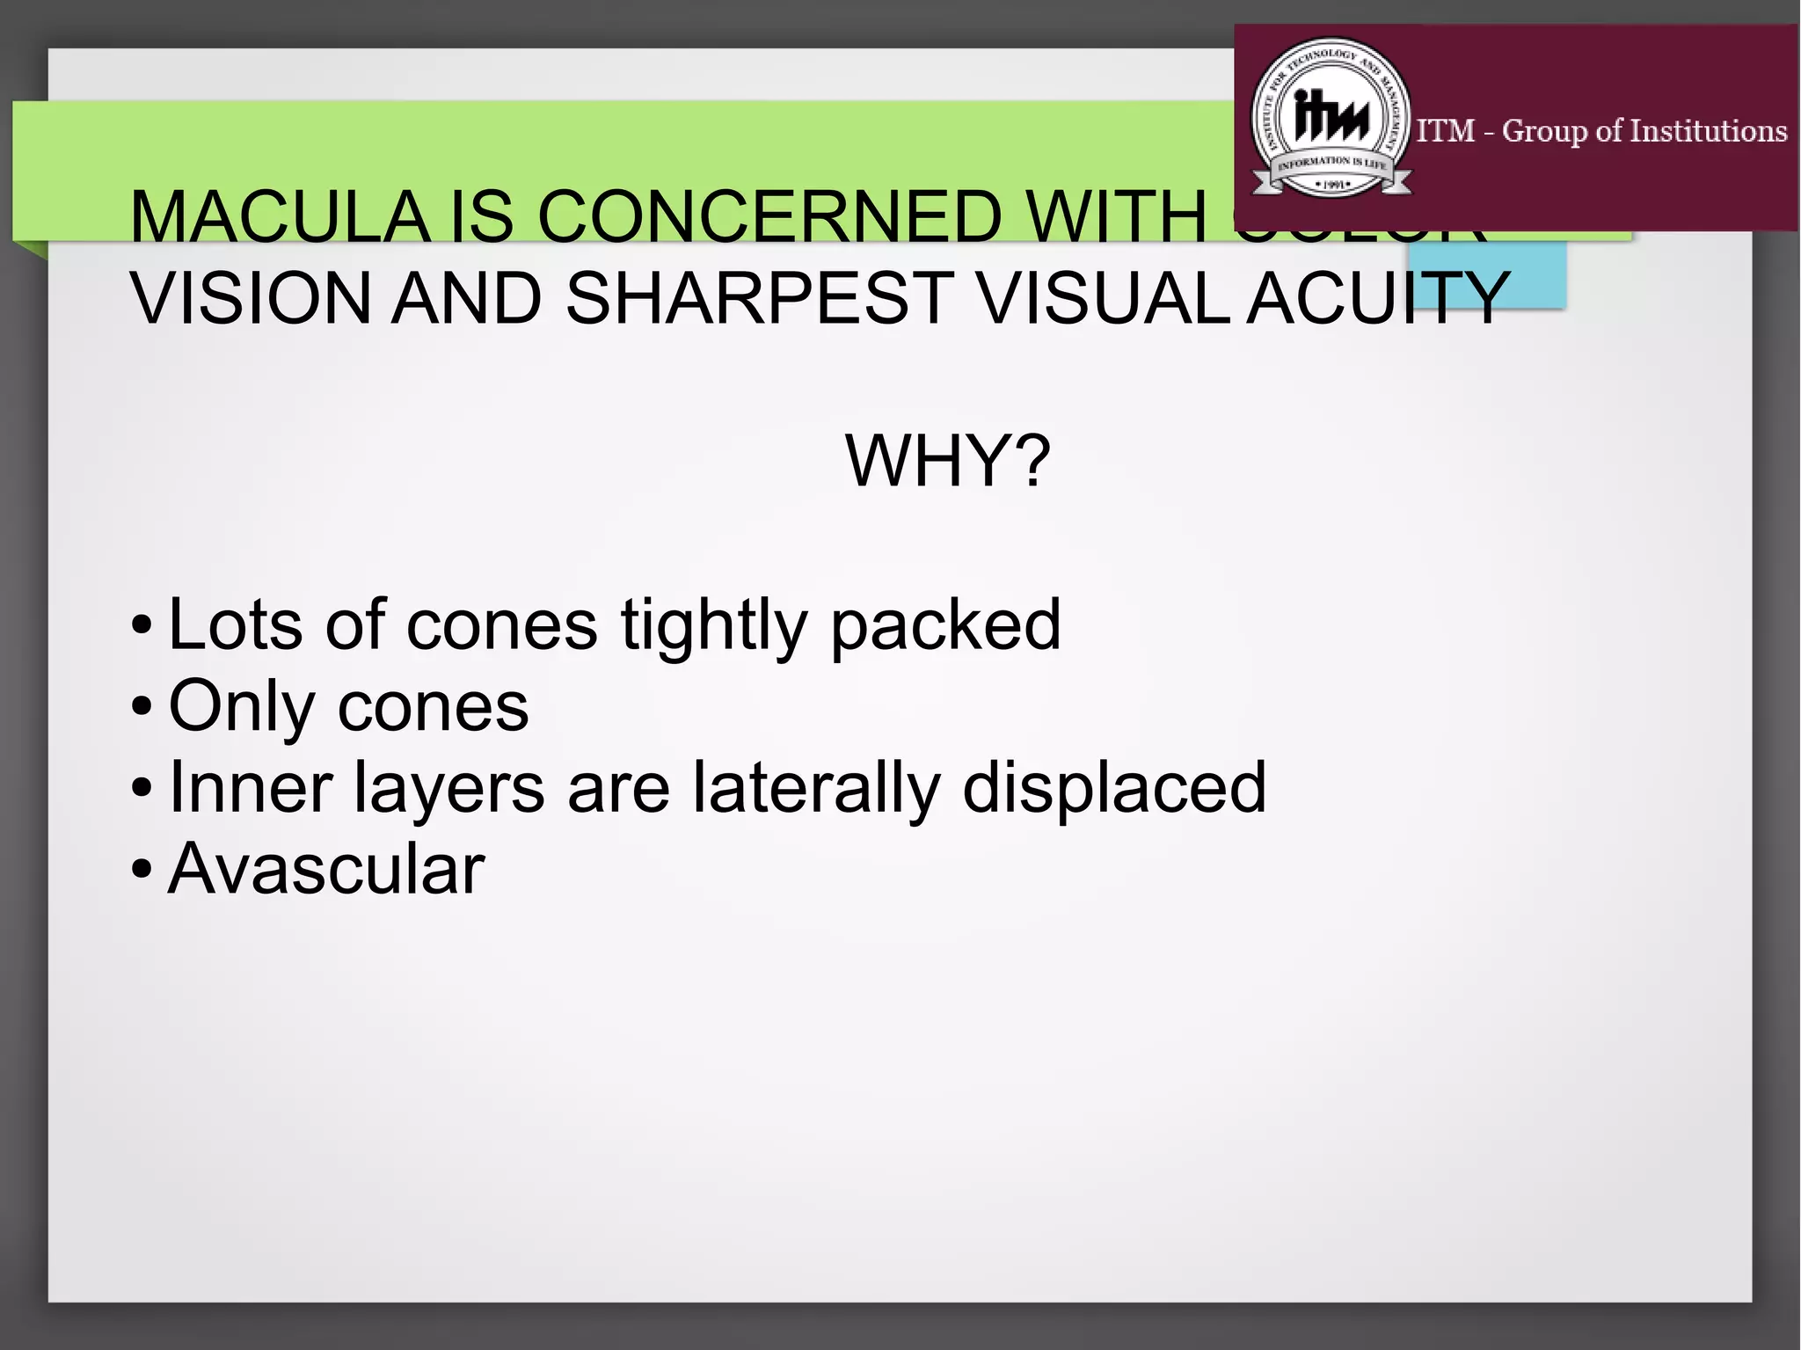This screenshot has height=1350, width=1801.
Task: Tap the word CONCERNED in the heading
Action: (x=769, y=216)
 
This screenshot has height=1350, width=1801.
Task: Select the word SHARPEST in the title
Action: (x=759, y=298)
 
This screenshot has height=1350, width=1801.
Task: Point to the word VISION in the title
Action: (x=251, y=298)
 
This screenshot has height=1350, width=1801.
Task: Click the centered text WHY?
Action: (x=948, y=461)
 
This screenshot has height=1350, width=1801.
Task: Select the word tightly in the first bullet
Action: (x=713, y=625)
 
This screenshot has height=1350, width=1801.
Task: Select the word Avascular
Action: (x=326, y=869)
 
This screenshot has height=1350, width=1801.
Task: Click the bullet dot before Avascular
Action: (x=141, y=870)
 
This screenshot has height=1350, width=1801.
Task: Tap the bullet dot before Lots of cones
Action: (x=141, y=626)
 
